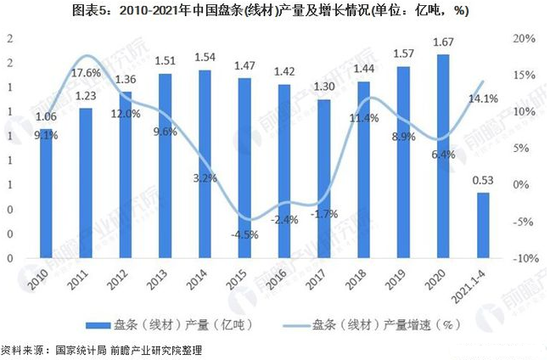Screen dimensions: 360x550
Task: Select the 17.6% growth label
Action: click(86, 73)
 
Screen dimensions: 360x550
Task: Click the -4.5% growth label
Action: click(244, 235)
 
